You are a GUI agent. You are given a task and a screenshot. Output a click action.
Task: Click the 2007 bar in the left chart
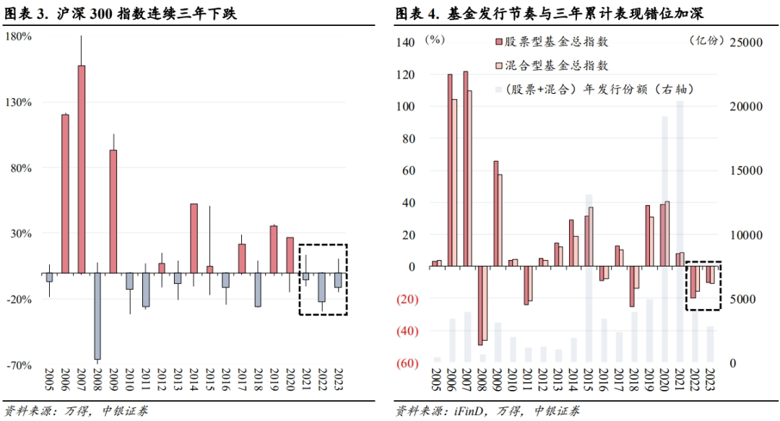82,169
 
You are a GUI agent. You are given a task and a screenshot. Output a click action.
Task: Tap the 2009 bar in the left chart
113,212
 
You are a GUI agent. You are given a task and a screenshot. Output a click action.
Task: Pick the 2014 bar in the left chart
194,238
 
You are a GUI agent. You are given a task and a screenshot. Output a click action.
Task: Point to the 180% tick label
19,35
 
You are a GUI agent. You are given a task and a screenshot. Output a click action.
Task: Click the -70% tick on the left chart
19,365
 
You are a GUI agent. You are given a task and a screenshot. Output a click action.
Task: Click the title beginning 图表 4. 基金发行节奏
549,13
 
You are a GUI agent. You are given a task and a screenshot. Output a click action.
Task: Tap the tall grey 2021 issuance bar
680,231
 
